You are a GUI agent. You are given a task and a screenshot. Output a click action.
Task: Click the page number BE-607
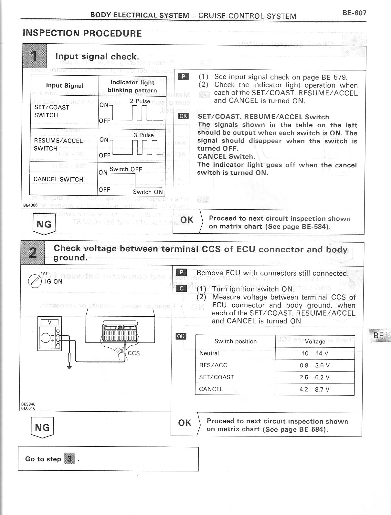354,13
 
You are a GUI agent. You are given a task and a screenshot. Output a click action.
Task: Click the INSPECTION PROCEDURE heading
82,33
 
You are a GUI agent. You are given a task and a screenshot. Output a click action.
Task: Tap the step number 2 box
33,253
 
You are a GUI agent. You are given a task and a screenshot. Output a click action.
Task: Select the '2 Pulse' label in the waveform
140,101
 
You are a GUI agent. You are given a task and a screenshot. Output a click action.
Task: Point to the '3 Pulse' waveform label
143,135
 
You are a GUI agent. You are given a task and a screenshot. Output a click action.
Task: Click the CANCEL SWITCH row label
58,179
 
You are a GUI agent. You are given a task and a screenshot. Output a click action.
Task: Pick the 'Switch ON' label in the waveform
148,192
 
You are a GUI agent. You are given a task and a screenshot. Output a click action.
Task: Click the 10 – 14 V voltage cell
315,353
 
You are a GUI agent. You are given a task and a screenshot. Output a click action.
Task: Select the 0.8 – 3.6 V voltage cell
315,365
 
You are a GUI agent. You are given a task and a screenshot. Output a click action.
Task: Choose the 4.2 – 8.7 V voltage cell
315,389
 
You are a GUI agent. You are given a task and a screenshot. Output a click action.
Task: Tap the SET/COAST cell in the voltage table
217,377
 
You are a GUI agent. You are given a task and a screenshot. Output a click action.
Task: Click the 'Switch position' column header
235,342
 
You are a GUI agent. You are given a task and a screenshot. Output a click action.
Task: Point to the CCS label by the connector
134,353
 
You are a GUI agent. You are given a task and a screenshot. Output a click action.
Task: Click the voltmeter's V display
49,322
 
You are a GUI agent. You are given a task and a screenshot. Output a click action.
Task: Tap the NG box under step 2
42,427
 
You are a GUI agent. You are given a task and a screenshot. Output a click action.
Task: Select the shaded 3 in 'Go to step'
69,459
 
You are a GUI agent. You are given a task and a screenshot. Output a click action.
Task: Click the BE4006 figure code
30,205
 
